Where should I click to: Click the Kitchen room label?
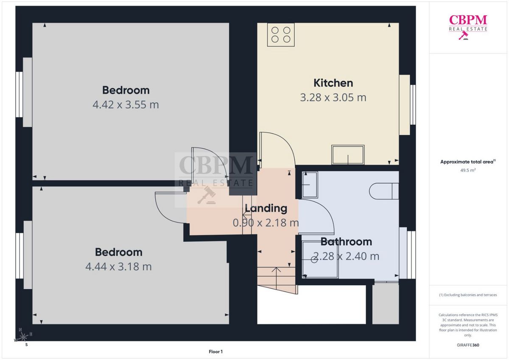pyautogui.click(x=333, y=83)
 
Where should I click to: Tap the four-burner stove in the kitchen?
pyautogui.click(x=281, y=35)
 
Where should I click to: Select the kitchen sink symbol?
pyautogui.click(x=348, y=155)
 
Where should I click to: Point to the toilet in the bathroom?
pyautogui.click(x=384, y=191)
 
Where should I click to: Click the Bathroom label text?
pyautogui.click(x=346, y=242)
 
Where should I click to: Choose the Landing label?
pyautogui.click(x=266, y=208)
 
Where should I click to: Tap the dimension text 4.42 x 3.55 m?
pyautogui.click(x=126, y=105)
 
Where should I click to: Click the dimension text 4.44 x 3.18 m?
pyautogui.click(x=118, y=267)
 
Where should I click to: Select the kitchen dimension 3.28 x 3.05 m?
pyautogui.click(x=333, y=98)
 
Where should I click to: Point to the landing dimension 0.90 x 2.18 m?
pyautogui.click(x=266, y=223)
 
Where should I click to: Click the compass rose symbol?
pyautogui.click(x=23, y=337)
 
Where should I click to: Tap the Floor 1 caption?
pyautogui.click(x=215, y=352)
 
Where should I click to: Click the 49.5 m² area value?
pyautogui.click(x=468, y=170)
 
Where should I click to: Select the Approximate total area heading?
pyautogui.click(x=468, y=162)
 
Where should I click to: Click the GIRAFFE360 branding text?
pyautogui.click(x=468, y=345)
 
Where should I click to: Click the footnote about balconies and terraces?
pyautogui.click(x=468, y=295)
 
